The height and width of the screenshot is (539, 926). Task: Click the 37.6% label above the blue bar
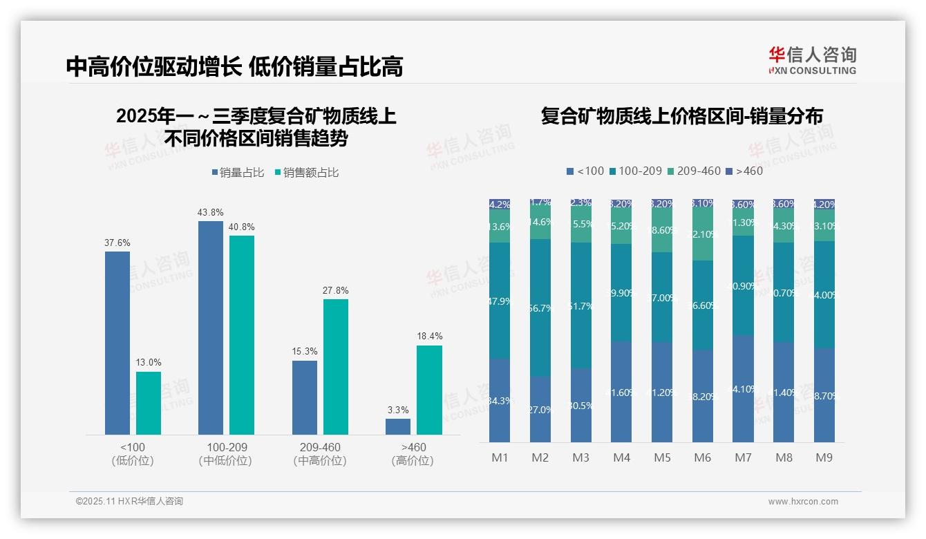click(117, 243)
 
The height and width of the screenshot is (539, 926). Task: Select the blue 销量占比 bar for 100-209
click(211, 328)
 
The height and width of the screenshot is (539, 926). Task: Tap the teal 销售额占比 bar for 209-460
click(336, 366)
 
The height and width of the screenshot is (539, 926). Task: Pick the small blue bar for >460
click(398, 426)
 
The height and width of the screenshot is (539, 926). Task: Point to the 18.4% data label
click(430, 337)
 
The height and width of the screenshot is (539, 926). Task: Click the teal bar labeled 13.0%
click(149, 403)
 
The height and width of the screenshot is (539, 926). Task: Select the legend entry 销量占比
click(238, 173)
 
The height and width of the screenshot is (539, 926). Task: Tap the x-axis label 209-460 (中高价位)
click(320, 454)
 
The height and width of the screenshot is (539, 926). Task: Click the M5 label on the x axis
click(663, 457)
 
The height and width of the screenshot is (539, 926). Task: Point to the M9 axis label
click(824, 457)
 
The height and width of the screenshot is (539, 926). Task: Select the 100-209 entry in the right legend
click(635, 171)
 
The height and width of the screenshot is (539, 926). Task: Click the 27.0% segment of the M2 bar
click(540, 409)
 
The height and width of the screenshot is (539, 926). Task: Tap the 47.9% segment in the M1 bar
click(499, 301)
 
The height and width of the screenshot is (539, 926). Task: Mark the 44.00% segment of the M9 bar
click(824, 295)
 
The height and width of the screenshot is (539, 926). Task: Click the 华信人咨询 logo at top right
click(813, 60)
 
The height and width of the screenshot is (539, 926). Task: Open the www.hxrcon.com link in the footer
click(803, 502)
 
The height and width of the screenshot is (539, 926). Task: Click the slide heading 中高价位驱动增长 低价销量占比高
click(234, 67)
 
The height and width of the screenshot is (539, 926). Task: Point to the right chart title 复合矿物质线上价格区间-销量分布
click(682, 116)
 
